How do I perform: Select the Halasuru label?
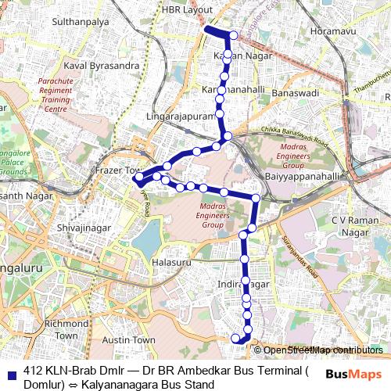pos(172,263)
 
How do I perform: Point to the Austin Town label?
pos(130,340)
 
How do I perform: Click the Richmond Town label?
pos(66,328)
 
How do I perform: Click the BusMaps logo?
pos(353,375)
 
